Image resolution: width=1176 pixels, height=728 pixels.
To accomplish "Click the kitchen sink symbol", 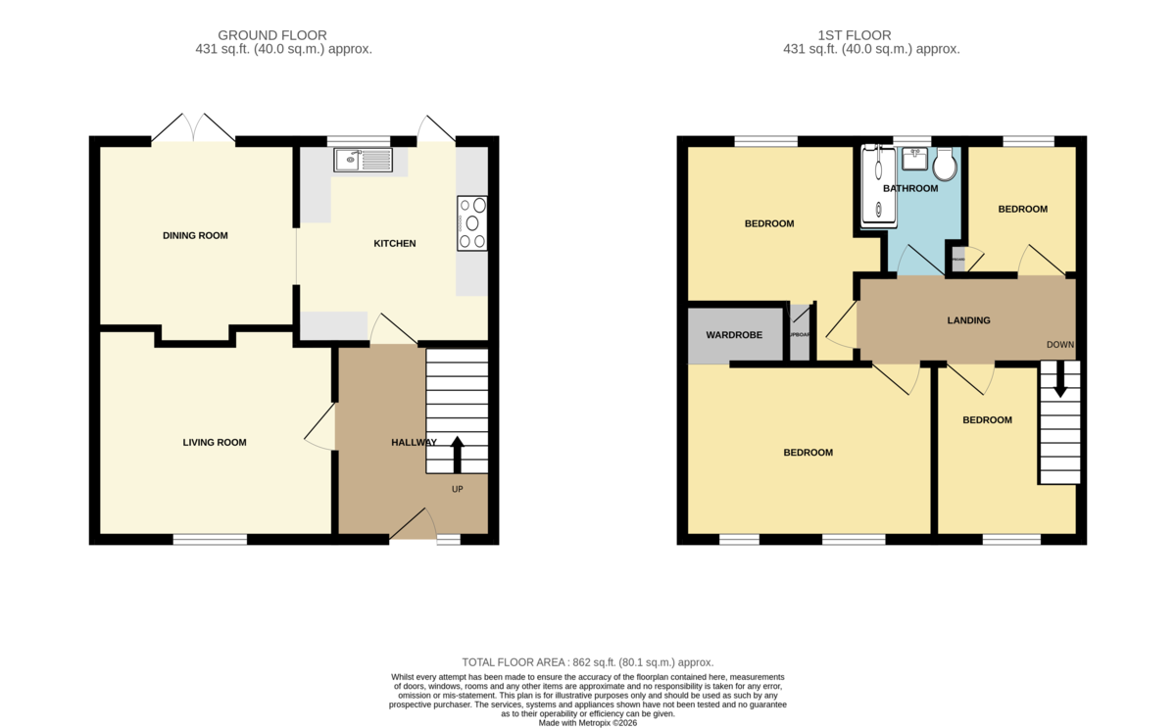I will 363,160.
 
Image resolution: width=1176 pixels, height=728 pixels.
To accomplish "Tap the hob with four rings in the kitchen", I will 471,223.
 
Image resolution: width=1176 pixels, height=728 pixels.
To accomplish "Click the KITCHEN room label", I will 395,243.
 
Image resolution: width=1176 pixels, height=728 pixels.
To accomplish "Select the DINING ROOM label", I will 195,235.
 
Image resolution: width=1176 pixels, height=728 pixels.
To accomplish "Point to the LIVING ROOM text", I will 215,443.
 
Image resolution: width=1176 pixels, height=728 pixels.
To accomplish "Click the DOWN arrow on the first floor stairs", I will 1059,381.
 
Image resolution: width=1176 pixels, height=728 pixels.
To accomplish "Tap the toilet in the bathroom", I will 945,164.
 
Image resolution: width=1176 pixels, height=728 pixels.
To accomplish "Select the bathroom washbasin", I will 914,158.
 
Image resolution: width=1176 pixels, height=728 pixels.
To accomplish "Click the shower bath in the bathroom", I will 877,186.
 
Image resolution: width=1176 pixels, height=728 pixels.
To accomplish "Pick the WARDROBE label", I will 734,335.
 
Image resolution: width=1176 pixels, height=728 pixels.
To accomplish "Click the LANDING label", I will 968,320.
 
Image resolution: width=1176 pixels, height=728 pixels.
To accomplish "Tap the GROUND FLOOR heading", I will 272,35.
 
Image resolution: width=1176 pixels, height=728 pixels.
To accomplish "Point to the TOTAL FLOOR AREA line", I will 588,662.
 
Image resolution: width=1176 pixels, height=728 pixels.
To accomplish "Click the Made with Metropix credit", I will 588,722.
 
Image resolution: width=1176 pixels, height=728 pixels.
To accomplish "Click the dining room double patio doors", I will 193,128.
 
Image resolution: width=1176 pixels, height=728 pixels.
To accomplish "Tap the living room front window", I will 211,539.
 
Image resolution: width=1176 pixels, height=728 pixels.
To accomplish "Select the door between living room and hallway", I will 319,431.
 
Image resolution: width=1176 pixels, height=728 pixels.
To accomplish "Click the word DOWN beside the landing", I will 1060,345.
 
